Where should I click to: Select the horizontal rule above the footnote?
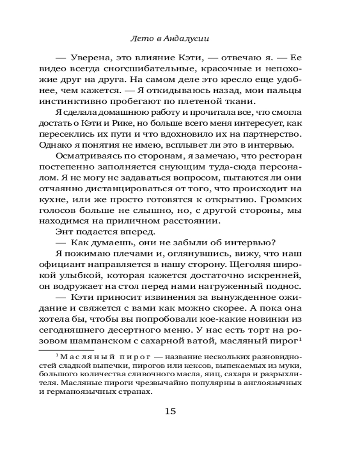(x=65, y=350)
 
